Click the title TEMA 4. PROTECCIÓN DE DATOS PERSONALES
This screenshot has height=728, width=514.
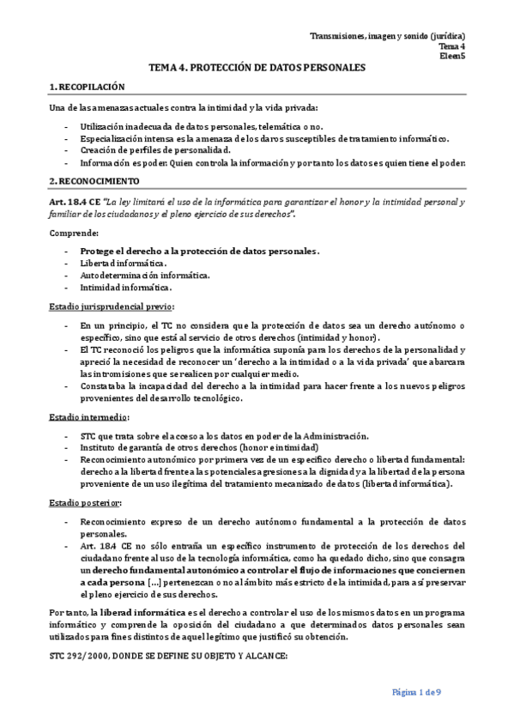click(x=257, y=66)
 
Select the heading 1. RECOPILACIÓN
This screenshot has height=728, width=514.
click(x=88, y=87)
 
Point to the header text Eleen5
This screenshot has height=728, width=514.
click(x=452, y=56)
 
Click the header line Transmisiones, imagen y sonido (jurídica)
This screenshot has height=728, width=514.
click(x=387, y=36)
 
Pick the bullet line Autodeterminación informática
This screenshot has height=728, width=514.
click(x=145, y=275)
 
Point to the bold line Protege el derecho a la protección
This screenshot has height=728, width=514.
click(x=199, y=251)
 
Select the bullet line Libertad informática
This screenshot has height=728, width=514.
click(x=123, y=263)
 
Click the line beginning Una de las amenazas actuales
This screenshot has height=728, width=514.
click(x=184, y=107)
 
